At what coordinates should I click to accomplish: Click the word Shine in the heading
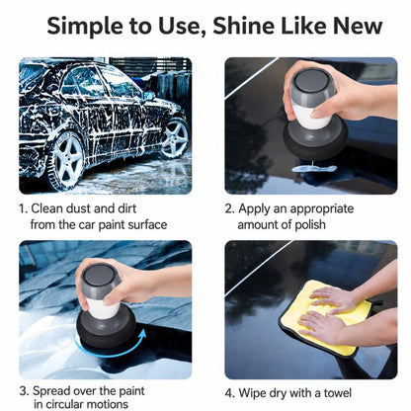click(243, 26)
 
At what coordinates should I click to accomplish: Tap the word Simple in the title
click(85, 27)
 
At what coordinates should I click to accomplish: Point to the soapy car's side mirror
click(149, 96)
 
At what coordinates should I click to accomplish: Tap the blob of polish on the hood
click(314, 169)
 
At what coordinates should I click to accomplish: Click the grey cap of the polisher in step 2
click(309, 86)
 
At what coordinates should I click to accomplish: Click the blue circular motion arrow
click(109, 353)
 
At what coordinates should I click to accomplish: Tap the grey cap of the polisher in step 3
click(99, 280)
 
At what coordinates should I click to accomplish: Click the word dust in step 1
click(78, 208)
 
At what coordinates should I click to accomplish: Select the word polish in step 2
click(310, 225)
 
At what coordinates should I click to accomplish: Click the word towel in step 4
click(337, 393)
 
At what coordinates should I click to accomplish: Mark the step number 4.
click(229, 393)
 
